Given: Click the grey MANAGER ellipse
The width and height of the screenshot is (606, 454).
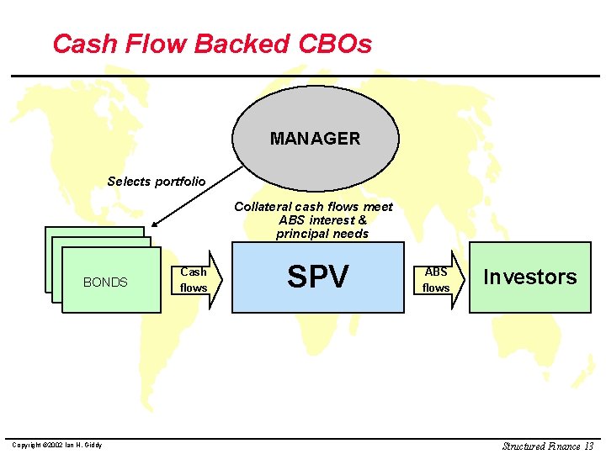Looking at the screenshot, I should pos(315,139).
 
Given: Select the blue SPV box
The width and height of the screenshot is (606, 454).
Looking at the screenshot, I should pos(318,277).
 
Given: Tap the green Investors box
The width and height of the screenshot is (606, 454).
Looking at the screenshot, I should pos(529,277).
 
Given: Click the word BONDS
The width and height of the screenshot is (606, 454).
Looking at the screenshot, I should pos(105,282).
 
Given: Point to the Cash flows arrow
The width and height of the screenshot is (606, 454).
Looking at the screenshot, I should pos(199,279).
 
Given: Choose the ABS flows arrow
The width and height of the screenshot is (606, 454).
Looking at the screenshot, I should pos(441,279).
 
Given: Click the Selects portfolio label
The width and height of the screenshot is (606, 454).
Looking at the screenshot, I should pos(156,182).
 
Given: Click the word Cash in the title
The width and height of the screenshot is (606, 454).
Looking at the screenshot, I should pos(82,44).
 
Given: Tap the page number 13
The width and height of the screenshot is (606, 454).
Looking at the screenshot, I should pos(588,446).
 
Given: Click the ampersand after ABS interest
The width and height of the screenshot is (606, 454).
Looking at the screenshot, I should pos(363,220).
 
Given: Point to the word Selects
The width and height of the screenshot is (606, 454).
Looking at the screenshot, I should pos(128,182).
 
